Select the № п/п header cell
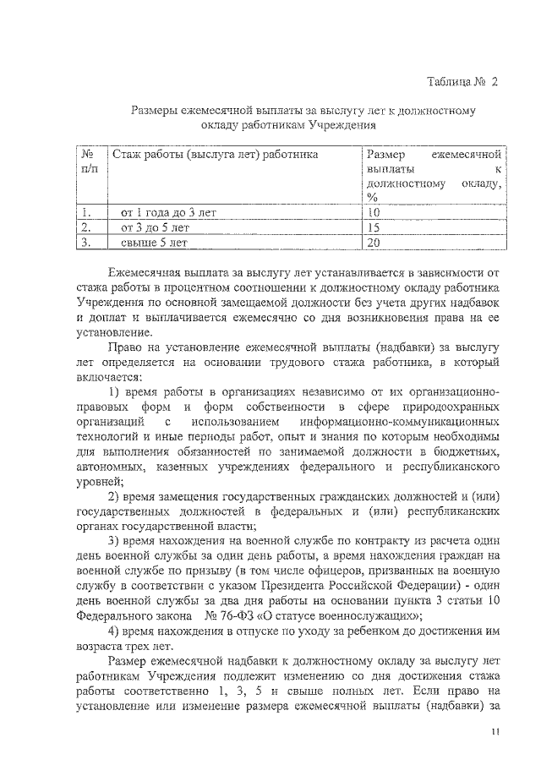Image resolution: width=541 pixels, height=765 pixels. click(88, 163)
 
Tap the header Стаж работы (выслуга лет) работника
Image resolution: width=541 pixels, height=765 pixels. click(216, 155)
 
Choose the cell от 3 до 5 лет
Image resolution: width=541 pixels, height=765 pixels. click(156, 227)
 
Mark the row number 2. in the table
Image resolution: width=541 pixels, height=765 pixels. click(85, 227)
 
